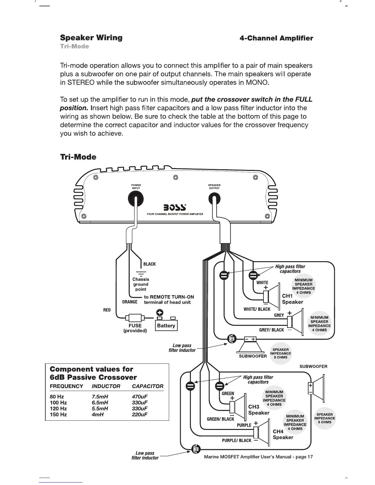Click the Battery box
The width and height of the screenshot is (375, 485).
[x=166, y=325]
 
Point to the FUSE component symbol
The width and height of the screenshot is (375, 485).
[x=135, y=318]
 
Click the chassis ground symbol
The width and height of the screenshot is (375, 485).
[x=141, y=273]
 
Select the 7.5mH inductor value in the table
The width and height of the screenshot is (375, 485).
[x=100, y=397]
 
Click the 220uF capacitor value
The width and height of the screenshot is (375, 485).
[x=139, y=415]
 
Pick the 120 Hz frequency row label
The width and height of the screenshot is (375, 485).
[x=58, y=408]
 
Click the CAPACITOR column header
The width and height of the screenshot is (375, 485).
[x=147, y=386]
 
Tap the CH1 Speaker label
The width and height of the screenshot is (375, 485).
[x=292, y=299]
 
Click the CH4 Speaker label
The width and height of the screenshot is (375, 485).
[x=283, y=434]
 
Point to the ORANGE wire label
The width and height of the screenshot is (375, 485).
[x=130, y=302]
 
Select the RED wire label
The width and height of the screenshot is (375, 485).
[x=107, y=310]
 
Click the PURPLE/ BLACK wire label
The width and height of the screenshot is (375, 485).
[x=237, y=441]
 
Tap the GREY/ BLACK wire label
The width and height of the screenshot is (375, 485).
[x=271, y=330]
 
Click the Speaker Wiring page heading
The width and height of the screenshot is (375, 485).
[x=91, y=38]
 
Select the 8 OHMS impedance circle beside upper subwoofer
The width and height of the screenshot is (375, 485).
[x=280, y=353]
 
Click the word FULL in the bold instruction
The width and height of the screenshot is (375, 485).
[x=304, y=100]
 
